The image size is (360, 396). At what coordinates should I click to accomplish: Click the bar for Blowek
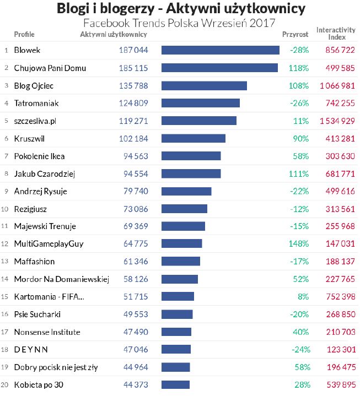coord(220,50)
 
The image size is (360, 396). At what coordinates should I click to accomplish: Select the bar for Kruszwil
coord(193,138)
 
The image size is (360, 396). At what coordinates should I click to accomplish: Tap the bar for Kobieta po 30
coord(175,384)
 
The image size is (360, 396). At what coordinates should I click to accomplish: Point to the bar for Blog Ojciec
coord(204,85)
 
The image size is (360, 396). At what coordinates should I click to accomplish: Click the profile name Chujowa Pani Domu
coord(50,68)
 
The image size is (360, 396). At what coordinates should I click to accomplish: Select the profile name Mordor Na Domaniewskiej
coord(62,279)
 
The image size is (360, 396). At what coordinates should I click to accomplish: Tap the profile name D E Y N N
coord(31,349)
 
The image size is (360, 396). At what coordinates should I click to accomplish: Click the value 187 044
coord(133,50)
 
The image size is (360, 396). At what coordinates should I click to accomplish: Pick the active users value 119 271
coord(133,121)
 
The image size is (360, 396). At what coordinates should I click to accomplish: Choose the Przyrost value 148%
coord(299,243)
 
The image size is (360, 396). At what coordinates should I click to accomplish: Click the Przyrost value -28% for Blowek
coord(299,50)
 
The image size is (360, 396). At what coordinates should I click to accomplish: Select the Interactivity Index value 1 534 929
coord(337,121)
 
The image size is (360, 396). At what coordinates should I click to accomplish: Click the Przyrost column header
coord(295,34)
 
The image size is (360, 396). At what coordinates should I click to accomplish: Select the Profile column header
coord(24,34)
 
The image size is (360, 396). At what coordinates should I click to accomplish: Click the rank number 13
coord(5,262)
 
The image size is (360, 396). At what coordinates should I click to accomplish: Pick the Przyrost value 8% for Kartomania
coord(303,297)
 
